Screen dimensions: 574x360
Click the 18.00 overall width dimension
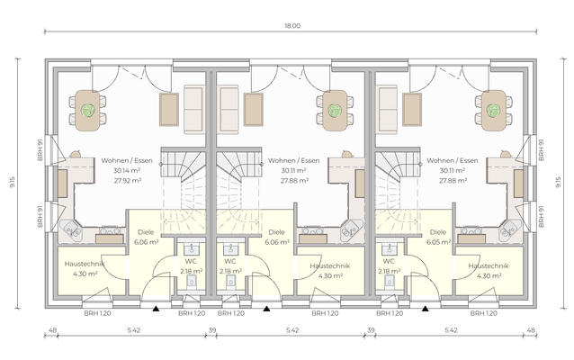click(x=292, y=26)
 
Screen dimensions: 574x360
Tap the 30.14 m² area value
click(x=127, y=170)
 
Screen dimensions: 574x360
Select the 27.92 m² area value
click(x=128, y=181)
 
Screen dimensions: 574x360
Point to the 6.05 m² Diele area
click(x=438, y=242)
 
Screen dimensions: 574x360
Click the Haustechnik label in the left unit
click(x=85, y=264)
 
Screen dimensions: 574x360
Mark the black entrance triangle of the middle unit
click(x=266, y=309)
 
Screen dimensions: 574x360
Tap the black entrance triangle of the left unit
click(x=156, y=309)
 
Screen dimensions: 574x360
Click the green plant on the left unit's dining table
click(x=88, y=110)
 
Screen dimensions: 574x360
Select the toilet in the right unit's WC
click(x=389, y=282)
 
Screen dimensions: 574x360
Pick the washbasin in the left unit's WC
click(x=191, y=249)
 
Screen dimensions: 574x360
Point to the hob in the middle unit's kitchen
click(x=312, y=230)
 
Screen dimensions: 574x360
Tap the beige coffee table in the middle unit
click(x=254, y=110)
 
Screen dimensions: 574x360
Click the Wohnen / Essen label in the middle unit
click(x=293, y=160)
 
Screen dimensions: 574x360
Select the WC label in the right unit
click(x=389, y=261)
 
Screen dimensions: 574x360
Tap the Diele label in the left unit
click(x=146, y=232)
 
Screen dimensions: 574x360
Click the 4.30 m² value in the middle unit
click(x=330, y=275)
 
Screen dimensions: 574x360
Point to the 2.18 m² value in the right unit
click(x=390, y=272)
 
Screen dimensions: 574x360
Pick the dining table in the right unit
click(x=493, y=110)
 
